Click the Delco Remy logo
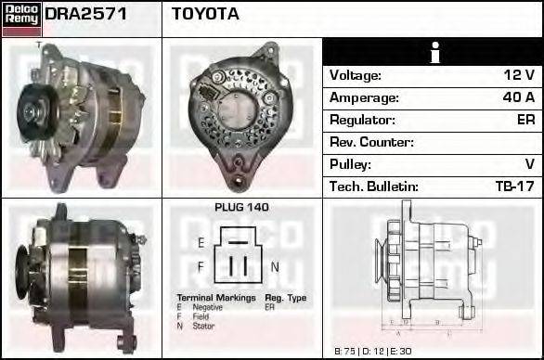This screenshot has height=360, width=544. point(20,18)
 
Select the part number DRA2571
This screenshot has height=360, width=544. point(86,14)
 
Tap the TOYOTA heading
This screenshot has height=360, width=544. point(204,14)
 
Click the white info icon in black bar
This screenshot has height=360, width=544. point(433,52)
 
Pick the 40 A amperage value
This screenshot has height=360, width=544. point(518,97)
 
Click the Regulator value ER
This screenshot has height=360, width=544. point(525,120)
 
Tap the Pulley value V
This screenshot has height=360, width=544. point(529,164)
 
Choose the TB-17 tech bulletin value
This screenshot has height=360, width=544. point(514,186)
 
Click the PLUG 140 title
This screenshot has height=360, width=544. point(241,208)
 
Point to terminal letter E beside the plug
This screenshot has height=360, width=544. point(201,243)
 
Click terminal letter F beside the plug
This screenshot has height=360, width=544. point(201,267)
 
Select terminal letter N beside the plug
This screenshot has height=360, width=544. point(275,267)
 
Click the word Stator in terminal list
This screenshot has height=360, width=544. point(203,326)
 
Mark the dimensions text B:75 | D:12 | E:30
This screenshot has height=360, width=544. point(370,351)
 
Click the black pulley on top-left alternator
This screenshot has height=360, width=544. point(37,110)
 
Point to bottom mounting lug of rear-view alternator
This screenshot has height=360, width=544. point(243,172)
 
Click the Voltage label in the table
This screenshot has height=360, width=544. point(356,75)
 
